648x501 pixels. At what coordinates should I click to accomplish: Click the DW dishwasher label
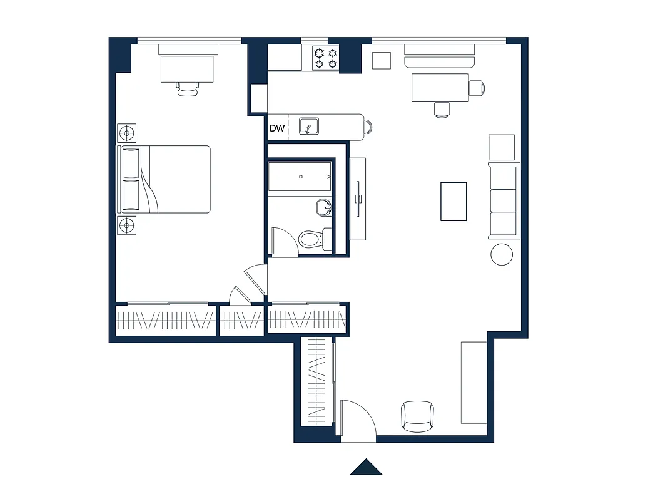click(277, 128)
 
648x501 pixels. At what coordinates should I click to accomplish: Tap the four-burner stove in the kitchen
click(325, 58)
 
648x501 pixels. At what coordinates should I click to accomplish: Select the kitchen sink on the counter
click(310, 126)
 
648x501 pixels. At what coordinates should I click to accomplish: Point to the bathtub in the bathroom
click(299, 177)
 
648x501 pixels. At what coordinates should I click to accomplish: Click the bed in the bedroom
click(164, 179)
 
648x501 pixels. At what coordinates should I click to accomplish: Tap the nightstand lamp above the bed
click(127, 133)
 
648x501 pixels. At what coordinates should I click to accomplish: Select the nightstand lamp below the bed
click(127, 224)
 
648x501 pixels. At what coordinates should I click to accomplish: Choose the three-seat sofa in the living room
click(504, 200)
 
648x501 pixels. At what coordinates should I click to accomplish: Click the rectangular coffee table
click(453, 201)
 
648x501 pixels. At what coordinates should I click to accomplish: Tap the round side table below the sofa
click(502, 254)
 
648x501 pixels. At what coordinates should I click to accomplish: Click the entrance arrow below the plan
click(366, 467)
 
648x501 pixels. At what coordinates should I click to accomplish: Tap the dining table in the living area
click(440, 87)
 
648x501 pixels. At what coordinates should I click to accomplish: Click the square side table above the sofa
click(502, 147)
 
